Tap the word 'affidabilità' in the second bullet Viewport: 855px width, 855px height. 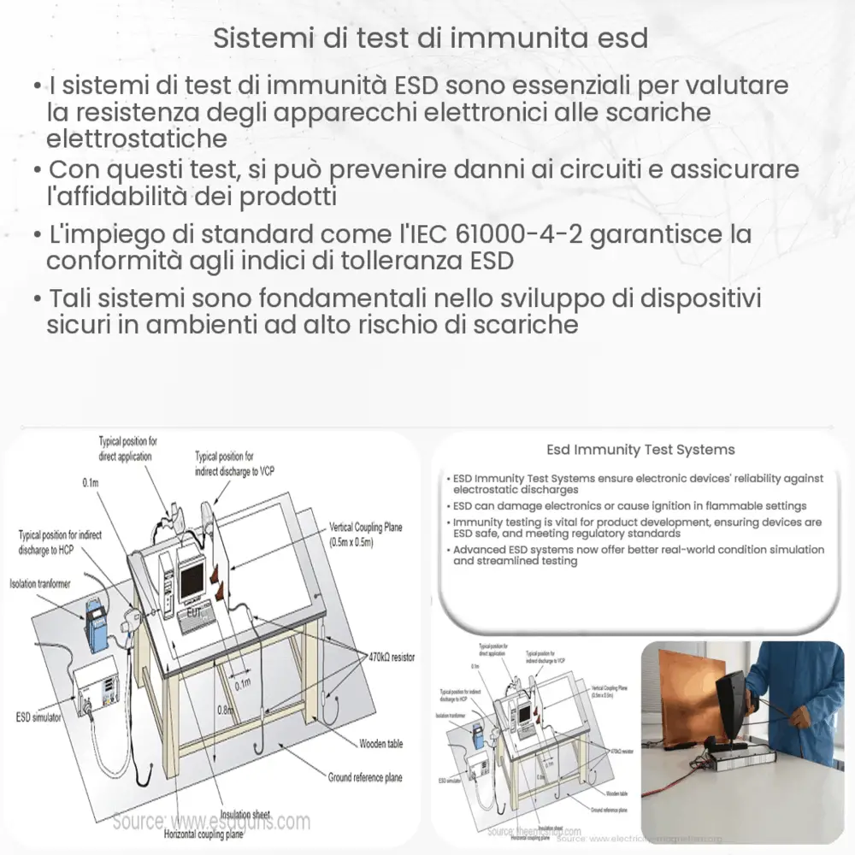133,196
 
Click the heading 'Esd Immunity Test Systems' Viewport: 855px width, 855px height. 640,450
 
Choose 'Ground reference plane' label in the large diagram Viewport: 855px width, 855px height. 365,777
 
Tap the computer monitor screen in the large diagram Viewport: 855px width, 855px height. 192,576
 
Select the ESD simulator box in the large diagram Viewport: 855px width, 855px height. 96,684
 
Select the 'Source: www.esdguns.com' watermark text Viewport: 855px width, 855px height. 211,823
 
